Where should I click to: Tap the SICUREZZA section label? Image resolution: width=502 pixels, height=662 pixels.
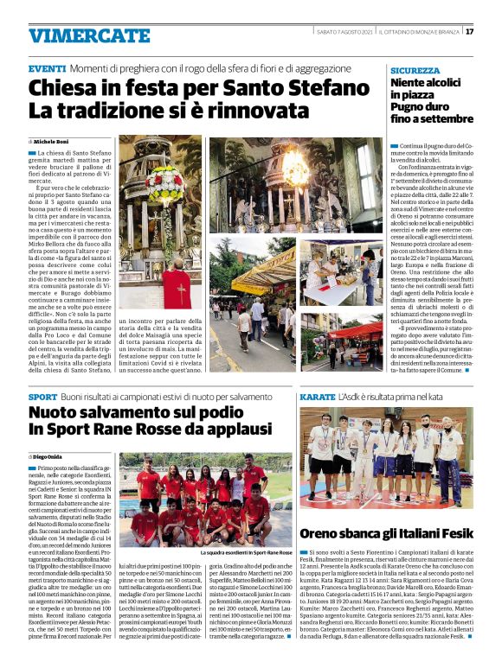pyautogui.click(x=415, y=71)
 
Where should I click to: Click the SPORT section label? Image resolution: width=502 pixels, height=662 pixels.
pyautogui.click(x=42, y=397)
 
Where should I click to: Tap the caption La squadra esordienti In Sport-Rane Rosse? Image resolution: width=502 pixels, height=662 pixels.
pyautogui.click(x=246, y=551)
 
